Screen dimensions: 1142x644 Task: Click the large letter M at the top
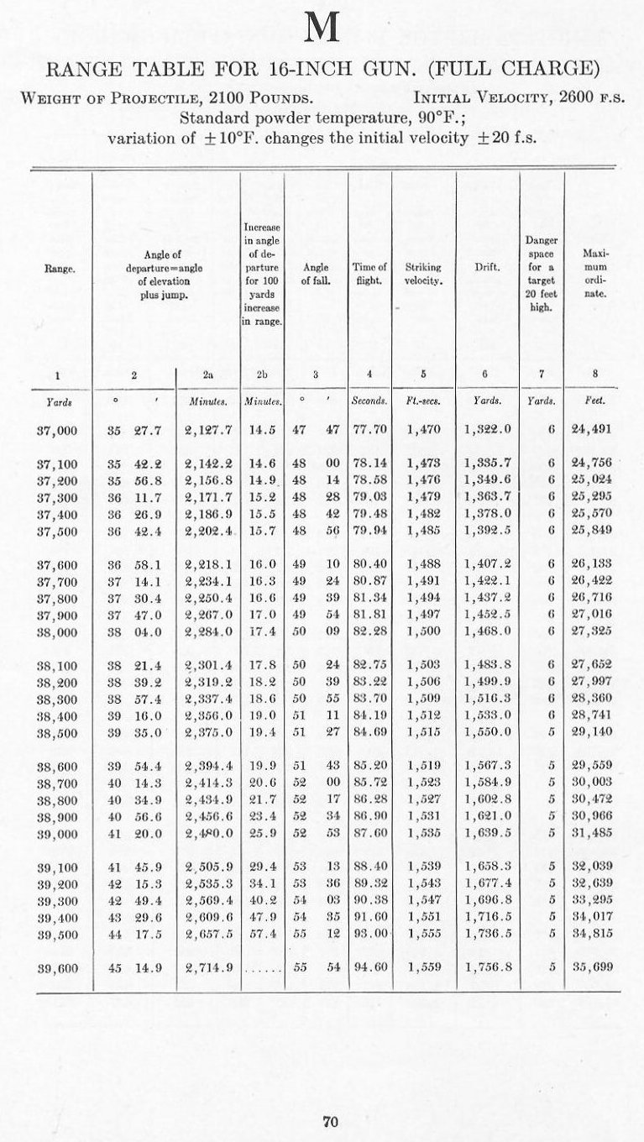pyautogui.click(x=322, y=29)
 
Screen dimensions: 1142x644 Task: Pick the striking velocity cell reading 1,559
pyautogui.click(x=423, y=967)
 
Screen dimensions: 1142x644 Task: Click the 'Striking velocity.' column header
pyautogui.click(x=423, y=274)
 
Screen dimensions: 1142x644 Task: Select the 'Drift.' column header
pyautogui.click(x=487, y=268)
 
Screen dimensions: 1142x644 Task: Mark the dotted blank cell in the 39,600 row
pyautogui.click(x=263, y=968)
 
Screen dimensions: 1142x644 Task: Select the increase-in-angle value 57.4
pyautogui.click(x=262, y=934)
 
